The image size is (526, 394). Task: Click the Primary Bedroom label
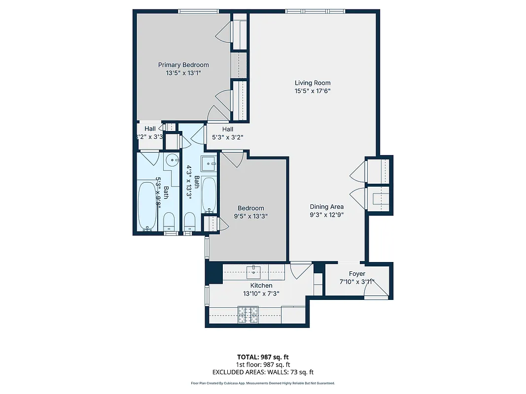coord(183,65)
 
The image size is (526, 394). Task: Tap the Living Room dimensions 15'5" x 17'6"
coord(313,91)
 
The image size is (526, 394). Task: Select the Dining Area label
coord(326,207)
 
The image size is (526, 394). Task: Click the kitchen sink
coord(255,269)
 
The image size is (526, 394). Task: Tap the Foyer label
coord(357,274)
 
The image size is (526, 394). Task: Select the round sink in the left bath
coord(171,159)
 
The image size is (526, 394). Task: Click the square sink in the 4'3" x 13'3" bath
coord(209,163)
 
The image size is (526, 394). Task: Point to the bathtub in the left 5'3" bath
coord(147,205)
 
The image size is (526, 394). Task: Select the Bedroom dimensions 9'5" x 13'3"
coord(250,216)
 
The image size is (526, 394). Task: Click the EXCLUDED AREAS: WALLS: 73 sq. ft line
coord(262,372)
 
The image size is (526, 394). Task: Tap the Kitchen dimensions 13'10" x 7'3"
coord(261,294)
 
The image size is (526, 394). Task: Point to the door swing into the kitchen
coord(300,271)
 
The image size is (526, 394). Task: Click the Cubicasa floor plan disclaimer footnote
coord(262,383)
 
